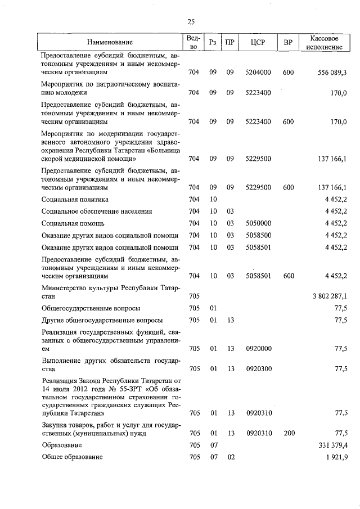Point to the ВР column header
coord(288,42)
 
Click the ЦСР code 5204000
coord(259,73)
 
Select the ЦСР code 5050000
coord(259,223)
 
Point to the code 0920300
coord(259,369)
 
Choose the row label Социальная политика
coord(75,199)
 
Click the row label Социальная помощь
coord(74,223)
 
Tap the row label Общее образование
coord(72,457)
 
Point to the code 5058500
coord(259,235)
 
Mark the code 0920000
coord(259,348)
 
